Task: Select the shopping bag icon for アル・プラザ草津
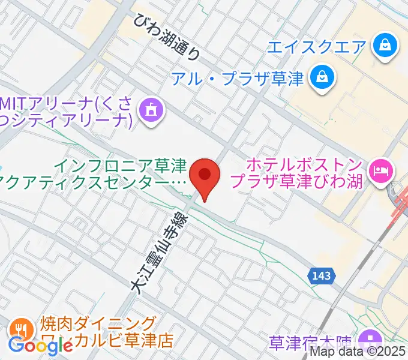pyautogui.click(x=322, y=77)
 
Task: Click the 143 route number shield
pyautogui.click(x=322, y=275)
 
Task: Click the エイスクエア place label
pyautogui.click(x=316, y=46)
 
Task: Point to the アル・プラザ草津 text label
pyautogui.click(x=238, y=78)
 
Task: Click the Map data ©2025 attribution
pyautogui.click(x=358, y=353)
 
